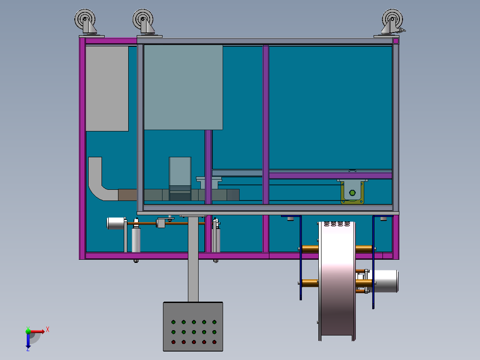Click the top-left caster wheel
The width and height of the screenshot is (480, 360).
(x=85, y=20)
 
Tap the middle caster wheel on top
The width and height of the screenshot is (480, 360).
(x=143, y=20)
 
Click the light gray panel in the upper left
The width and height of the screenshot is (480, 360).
(x=107, y=88)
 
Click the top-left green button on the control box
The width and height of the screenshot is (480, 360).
(x=173, y=322)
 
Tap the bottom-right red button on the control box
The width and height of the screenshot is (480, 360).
(x=214, y=342)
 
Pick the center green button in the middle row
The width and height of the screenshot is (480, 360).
(x=194, y=332)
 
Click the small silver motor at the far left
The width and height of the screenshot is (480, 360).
(x=116, y=223)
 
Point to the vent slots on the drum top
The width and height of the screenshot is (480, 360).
(x=337, y=224)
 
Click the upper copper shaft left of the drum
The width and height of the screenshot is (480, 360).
(x=309, y=248)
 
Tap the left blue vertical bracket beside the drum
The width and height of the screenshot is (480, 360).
(x=301, y=258)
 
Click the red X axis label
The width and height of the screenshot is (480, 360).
(x=48, y=329)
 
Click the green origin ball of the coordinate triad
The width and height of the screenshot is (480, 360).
(x=28, y=331)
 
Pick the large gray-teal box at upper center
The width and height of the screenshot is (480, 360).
(x=183, y=87)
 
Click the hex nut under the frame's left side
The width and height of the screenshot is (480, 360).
(x=136, y=261)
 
